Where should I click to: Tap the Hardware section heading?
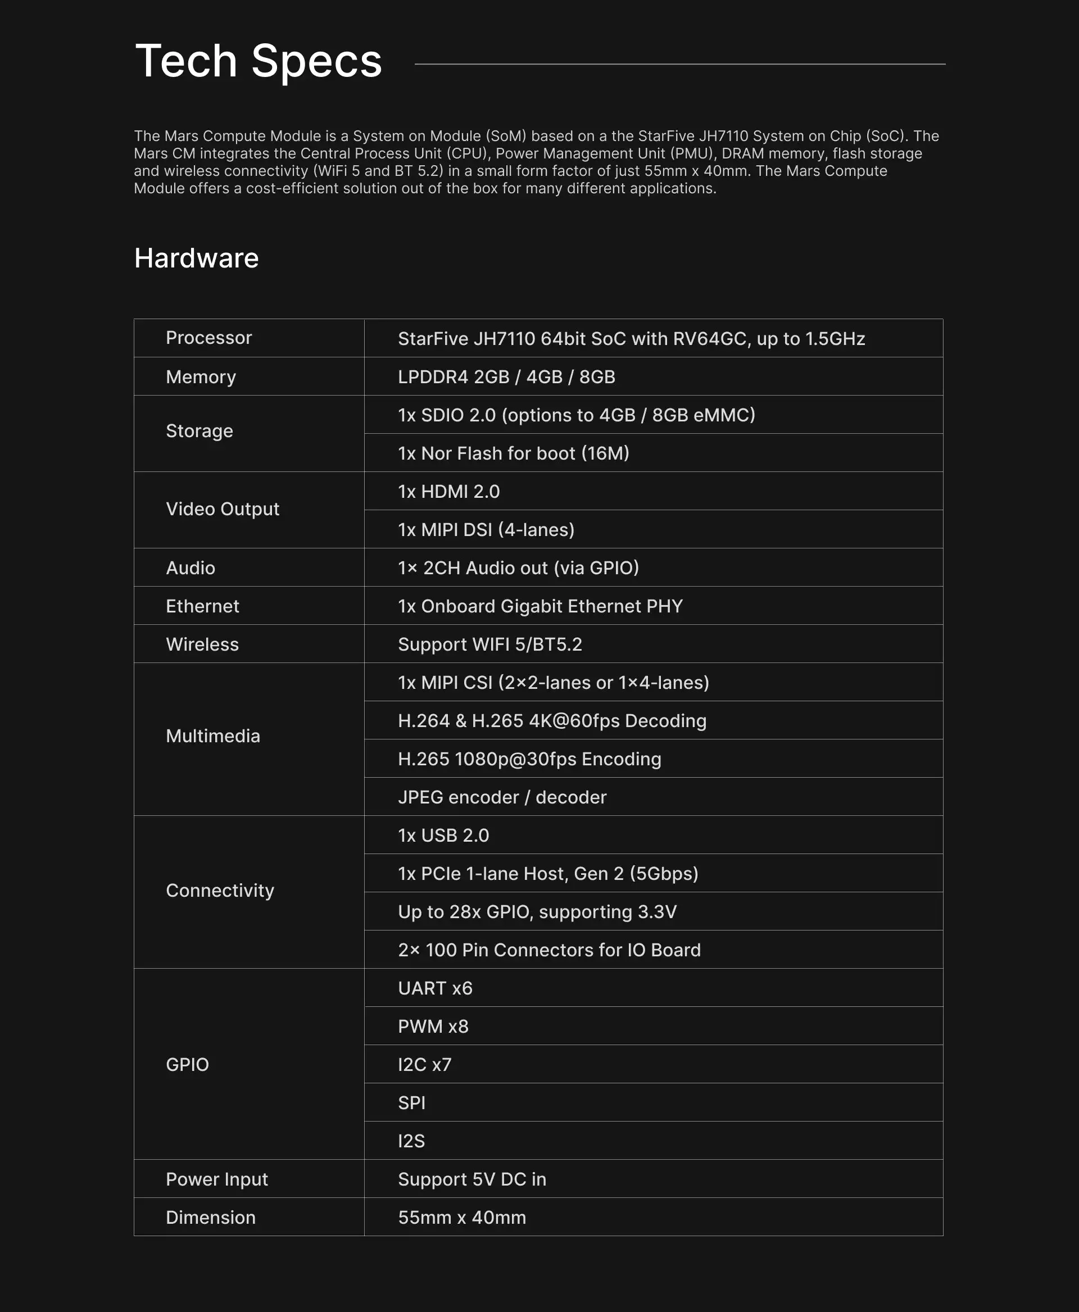(x=196, y=258)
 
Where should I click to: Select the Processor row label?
(x=209, y=338)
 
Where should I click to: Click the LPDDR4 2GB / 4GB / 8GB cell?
(x=506, y=376)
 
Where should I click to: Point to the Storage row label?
(x=200, y=431)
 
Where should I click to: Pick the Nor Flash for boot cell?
(x=514, y=453)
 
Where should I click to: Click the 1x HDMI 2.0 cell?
(x=449, y=492)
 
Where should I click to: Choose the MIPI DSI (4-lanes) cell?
(x=486, y=529)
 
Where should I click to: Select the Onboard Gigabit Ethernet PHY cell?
(x=540, y=606)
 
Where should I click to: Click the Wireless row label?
(x=202, y=644)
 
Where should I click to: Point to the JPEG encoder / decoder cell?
(x=502, y=797)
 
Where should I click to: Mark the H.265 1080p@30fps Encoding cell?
(x=529, y=759)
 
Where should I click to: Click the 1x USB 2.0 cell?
(x=443, y=836)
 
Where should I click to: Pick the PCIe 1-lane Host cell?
(x=547, y=874)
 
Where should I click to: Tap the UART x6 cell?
(x=435, y=988)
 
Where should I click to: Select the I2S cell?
(x=411, y=1141)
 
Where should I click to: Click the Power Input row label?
(x=217, y=1179)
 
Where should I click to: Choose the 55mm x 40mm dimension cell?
(x=462, y=1218)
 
